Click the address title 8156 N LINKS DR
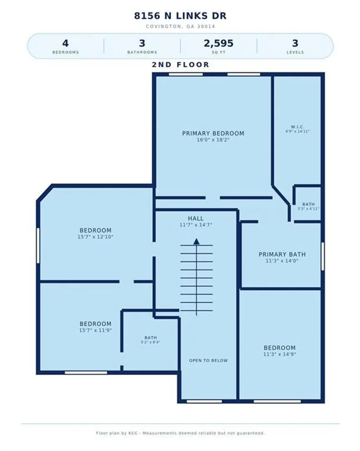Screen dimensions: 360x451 click(x=180, y=15)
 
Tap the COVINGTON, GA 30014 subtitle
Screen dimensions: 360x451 click(x=180, y=26)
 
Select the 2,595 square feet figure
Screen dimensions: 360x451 click(x=218, y=43)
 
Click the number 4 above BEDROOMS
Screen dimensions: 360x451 click(x=65, y=43)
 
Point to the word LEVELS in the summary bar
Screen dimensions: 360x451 click(x=295, y=52)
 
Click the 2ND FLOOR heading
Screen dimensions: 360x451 click(x=180, y=65)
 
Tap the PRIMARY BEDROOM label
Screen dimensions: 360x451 click(x=213, y=134)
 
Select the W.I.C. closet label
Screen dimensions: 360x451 click(x=297, y=127)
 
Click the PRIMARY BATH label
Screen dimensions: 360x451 click(x=282, y=254)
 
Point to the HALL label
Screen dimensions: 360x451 click(x=196, y=218)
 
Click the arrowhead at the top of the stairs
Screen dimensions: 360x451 click(x=196, y=241)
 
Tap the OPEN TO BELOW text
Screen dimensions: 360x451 click(x=208, y=360)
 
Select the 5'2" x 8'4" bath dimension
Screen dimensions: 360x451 click(x=150, y=342)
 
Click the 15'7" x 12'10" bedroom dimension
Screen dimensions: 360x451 click(x=96, y=237)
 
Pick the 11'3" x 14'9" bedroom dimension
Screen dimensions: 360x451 click(x=279, y=355)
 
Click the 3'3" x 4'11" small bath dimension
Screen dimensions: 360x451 click(x=308, y=208)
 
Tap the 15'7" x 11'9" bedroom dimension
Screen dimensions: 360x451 click(x=96, y=330)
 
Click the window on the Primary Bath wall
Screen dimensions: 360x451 click(x=322, y=256)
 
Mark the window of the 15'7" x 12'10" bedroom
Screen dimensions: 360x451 click(x=38, y=246)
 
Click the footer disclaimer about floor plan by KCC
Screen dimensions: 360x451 click(x=180, y=433)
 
